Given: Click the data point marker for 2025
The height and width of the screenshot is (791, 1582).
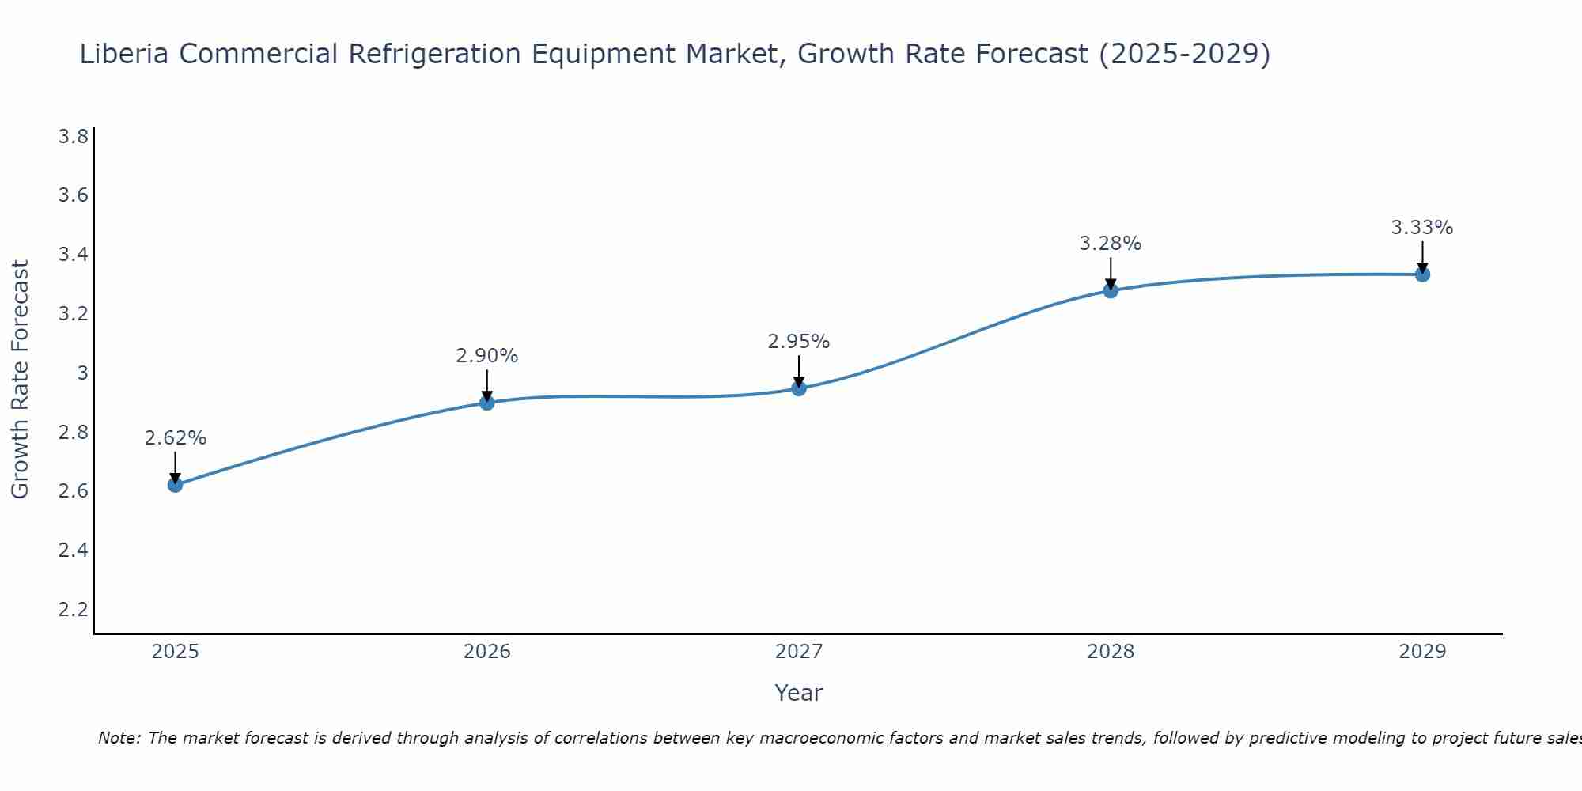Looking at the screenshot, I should click(x=176, y=485).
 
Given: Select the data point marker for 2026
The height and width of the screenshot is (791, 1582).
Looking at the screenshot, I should click(x=487, y=403).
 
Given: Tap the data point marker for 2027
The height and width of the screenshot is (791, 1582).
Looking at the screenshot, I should click(x=799, y=388).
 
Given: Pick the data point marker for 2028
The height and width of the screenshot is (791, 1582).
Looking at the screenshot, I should click(x=1111, y=290).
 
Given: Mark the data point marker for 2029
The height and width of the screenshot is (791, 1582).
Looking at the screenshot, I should click(x=1422, y=274).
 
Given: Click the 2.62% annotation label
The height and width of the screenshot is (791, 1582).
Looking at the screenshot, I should click(x=176, y=438).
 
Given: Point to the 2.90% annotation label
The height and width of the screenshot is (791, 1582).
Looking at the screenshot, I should click(x=487, y=356).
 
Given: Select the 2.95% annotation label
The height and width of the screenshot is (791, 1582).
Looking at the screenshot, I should click(x=799, y=342).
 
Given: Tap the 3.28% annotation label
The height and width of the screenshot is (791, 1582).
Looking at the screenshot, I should click(x=1111, y=244).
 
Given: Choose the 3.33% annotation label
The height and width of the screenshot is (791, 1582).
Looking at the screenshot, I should click(x=1422, y=228).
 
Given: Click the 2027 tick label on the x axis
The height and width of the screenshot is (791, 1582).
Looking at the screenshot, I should click(x=799, y=652).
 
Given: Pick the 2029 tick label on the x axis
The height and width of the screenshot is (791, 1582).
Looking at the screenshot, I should click(x=1422, y=652).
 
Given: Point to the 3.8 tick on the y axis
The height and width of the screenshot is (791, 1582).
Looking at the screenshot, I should click(x=74, y=137).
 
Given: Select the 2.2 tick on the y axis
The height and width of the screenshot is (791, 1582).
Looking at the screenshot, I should click(x=74, y=609).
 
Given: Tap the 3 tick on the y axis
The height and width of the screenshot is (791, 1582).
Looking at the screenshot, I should click(x=82, y=373).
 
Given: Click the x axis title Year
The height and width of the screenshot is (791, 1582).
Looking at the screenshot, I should click(x=799, y=693).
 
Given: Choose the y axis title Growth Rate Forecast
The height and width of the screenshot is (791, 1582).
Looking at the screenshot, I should click(x=21, y=380).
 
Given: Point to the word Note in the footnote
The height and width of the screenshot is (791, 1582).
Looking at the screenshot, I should click(x=119, y=738).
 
